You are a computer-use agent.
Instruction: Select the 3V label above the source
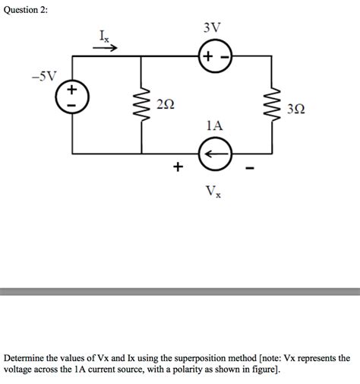213,28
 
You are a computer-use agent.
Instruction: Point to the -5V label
43,76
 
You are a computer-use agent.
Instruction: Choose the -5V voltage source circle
72,96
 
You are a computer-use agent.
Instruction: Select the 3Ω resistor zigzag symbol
270,106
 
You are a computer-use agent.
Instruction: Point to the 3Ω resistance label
297,112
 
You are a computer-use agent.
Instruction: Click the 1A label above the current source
214,123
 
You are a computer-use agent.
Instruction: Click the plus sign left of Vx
178,166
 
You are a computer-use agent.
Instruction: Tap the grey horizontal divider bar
180,291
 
